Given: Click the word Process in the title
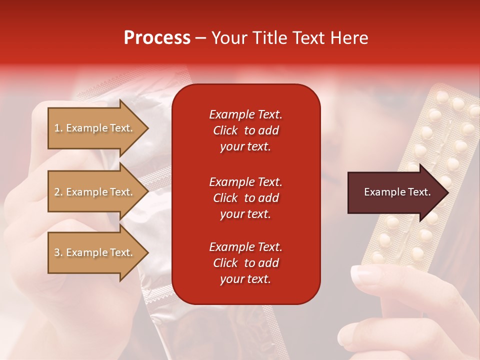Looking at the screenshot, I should pyautogui.click(x=157, y=38).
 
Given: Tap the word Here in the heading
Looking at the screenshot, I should pyautogui.click(x=348, y=38).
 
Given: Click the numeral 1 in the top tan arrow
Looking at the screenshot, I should pyautogui.click(x=57, y=128).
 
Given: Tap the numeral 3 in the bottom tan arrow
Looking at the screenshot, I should pyautogui.click(x=57, y=252).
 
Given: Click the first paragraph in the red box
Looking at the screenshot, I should pyautogui.click(x=245, y=130).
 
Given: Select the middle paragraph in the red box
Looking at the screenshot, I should pyautogui.click(x=245, y=198).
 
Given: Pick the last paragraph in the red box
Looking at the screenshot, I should pyautogui.click(x=245, y=263).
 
